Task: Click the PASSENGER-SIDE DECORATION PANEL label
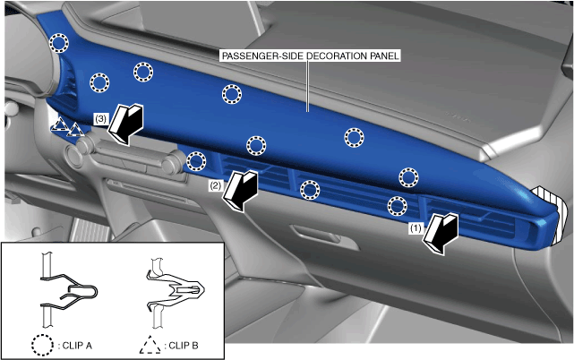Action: pyautogui.click(x=310, y=56)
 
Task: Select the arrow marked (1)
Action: pyautogui.click(x=441, y=235)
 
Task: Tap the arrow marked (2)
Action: pyautogui.click(x=240, y=191)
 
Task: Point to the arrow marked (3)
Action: pyautogui.click(x=125, y=124)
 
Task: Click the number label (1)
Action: pyautogui.click(x=416, y=228)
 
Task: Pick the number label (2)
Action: pyautogui.click(x=215, y=185)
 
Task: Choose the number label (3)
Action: pyautogui.click(x=100, y=119)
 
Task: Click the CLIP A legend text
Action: pyautogui.click(x=77, y=346)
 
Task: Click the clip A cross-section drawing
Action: pyautogui.click(x=68, y=290)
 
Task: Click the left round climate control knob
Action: pyautogui.click(x=74, y=156)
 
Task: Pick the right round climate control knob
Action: pyautogui.click(x=171, y=165)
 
